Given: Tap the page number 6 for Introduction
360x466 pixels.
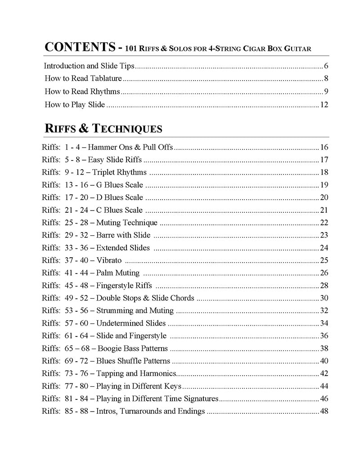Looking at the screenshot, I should [x=326, y=66].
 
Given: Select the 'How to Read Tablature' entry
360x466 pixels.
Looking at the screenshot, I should [x=83, y=78].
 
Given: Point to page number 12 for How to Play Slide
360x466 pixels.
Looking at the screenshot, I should [x=324, y=105].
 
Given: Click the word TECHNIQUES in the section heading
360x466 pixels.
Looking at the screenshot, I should [x=127, y=129].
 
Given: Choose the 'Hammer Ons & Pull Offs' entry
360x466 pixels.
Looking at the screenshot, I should [x=130, y=147].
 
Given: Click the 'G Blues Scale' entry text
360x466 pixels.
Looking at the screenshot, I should [x=119, y=185].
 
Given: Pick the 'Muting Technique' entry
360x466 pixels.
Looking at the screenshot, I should [x=126, y=223].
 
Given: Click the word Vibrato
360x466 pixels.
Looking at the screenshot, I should [x=109, y=260].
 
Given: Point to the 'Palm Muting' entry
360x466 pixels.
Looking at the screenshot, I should [x=117, y=273].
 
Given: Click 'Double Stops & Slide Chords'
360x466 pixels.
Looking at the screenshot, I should [x=145, y=298].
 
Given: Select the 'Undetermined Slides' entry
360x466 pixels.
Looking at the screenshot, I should [x=130, y=323].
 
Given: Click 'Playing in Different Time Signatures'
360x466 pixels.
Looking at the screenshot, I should [x=157, y=399].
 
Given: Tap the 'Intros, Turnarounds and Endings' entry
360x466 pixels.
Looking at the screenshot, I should [x=150, y=411].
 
